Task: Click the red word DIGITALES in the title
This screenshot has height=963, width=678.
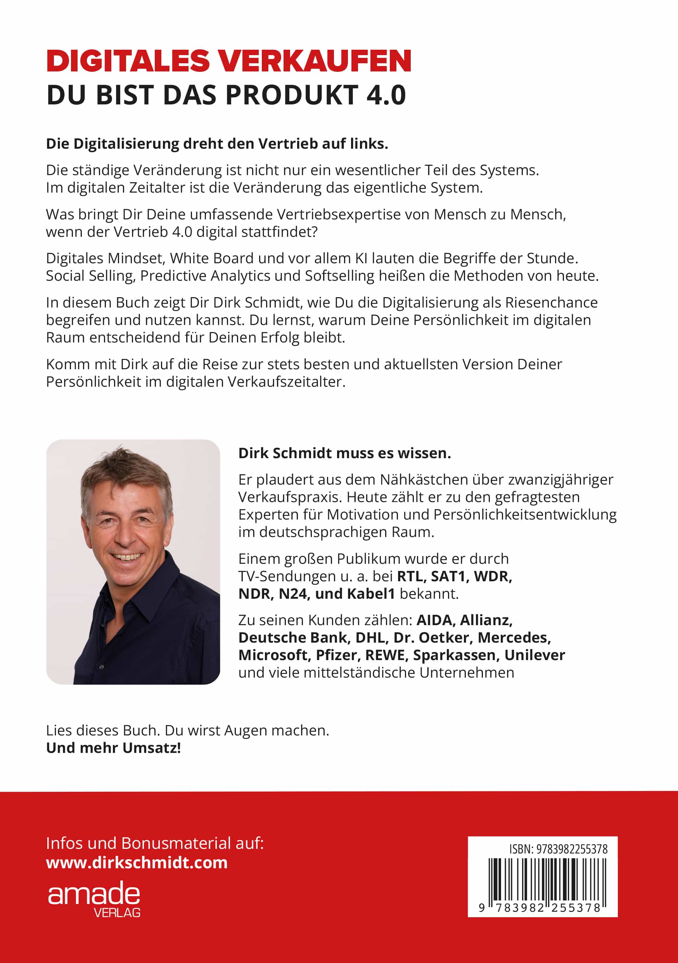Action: click(128, 61)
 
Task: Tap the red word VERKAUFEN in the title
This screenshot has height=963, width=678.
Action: click(315, 61)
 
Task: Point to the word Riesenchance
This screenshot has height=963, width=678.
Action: click(551, 302)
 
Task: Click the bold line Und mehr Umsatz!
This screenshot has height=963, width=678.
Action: click(114, 748)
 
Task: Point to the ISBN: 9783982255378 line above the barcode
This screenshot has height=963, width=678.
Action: click(558, 849)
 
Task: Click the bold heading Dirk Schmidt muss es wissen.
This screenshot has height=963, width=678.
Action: click(344, 453)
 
